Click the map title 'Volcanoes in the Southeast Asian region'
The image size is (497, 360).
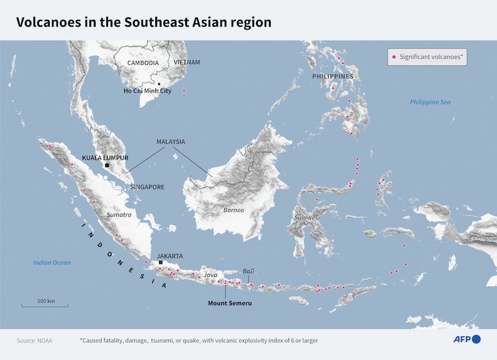coord(144,22)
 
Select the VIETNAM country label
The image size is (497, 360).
coord(187,63)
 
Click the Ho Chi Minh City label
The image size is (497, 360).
coord(147,91)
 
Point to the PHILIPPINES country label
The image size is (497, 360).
coord(333,76)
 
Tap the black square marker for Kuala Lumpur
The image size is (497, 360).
coord(107,166)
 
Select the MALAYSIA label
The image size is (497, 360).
coord(170,142)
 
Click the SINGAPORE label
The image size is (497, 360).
coord(147,187)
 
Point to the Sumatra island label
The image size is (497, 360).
coord(119,215)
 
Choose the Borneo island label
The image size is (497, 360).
coord(234,210)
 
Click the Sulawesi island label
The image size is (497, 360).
coord(307,218)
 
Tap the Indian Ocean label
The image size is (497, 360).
coord(52,263)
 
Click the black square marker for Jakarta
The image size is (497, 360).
coord(161,263)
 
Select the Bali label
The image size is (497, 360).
coord(248,271)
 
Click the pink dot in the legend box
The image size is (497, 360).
coord(393,57)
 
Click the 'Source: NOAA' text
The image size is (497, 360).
coord(34,340)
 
